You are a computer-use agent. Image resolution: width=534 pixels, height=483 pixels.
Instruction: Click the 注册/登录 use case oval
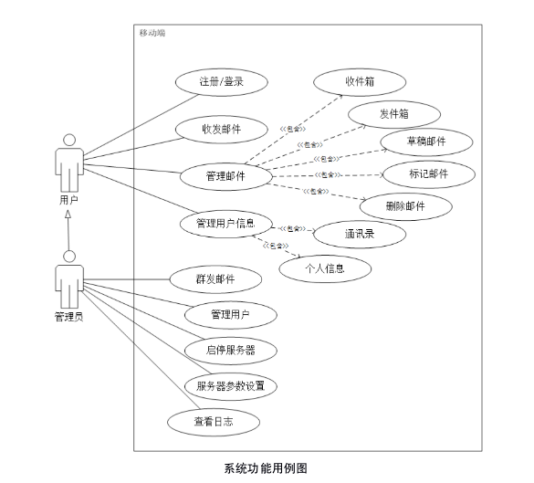tap(221, 81)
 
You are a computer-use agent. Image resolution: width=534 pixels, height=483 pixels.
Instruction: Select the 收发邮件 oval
tap(221, 129)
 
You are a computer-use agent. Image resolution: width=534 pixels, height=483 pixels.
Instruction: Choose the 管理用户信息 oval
tap(219, 222)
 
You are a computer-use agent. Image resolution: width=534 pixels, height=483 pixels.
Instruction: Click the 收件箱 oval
tap(361, 81)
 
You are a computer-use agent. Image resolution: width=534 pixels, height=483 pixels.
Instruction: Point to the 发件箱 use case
tap(393, 113)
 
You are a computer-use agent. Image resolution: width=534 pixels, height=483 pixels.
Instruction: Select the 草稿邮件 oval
tap(426, 142)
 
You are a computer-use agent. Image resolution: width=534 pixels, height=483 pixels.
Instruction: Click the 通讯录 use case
tap(361, 233)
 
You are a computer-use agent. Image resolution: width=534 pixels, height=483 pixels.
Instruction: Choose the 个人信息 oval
tap(325, 268)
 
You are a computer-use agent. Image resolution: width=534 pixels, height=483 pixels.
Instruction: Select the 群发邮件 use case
tap(215, 279)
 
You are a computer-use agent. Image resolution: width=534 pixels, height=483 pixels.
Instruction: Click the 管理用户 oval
tap(230, 315)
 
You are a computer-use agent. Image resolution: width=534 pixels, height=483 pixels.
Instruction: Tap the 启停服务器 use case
tap(230, 350)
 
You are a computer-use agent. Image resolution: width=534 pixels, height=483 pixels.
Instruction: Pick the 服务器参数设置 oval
tap(230, 385)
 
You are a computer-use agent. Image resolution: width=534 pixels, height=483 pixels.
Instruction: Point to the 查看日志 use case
tap(213, 421)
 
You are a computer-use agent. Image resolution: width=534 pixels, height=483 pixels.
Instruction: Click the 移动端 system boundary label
tap(152, 33)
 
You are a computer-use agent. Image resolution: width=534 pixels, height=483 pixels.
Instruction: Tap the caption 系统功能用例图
tap(266, 468)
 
